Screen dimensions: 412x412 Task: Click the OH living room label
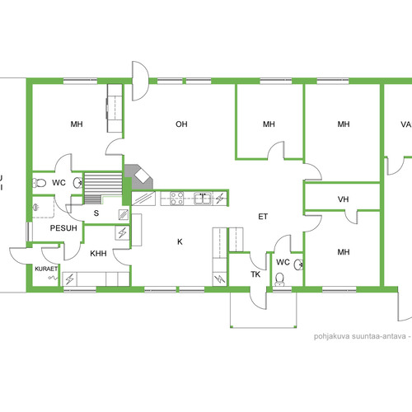click(x=181, y=124)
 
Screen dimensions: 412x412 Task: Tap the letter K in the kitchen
click(x=180, y=241)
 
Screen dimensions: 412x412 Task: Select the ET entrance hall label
click(x=263, y=217)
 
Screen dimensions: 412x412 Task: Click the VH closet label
click(x=343, y=199)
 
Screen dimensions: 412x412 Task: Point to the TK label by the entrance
click(x=255, y=274)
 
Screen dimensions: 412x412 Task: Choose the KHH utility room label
click(x=98, y=253)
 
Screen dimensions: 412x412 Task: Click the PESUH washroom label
click(x=63, y=228)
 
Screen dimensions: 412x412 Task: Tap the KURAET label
click(x=46, y=269)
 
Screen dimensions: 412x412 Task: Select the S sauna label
click(x=96, y=213)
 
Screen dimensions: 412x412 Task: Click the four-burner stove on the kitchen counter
click(x=177, y=199)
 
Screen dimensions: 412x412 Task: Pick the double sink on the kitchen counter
click(x=203, y=199)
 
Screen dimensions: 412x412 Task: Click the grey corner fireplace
click(x=138, y=177)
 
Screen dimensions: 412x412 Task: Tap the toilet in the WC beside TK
click(x=280, y=279)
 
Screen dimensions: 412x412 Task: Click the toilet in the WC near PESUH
click(x=40, y=183)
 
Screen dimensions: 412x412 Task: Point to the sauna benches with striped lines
click(x=103, y=188)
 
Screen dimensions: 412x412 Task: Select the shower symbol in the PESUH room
click(x=35, y=207)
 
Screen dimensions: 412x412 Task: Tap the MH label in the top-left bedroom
click(x=77, y=124)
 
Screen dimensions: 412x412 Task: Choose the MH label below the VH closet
click(x=344, y=252)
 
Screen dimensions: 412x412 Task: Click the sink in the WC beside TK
click(x=298, y=265)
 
